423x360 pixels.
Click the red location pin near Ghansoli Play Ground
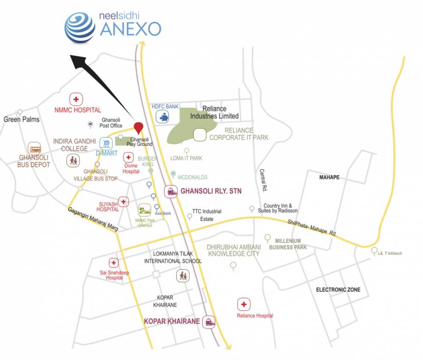coord(138,127)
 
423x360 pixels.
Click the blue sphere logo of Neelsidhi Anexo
coord(79,27)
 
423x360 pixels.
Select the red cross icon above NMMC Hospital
coord(76,99)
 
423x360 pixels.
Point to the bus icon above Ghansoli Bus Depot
coord(34,148)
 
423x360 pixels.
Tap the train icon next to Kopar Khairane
coord(209,321)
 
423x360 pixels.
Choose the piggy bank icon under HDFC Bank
coord(164,117)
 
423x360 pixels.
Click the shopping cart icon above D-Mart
coord(106,142)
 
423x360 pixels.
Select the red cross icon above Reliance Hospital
coord(243,305)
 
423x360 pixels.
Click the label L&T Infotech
coord(390,254)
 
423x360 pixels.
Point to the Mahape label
coord(329,177)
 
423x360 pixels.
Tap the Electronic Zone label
coord(338,290)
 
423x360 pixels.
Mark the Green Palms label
coord(22,120)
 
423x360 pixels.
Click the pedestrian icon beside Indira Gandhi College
coord(73,161)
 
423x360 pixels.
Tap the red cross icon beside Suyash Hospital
coord(123,202)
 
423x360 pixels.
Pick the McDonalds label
coord(192,177)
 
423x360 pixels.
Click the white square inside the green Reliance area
coord(200,135)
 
